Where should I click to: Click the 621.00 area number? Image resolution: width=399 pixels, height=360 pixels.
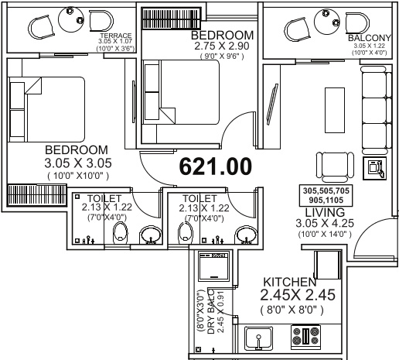coord(215,166)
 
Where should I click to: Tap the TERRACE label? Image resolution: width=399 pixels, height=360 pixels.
coord(116,36)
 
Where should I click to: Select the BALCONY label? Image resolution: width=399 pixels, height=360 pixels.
coord(370,38)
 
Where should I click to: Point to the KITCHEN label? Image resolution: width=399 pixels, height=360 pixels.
coord(290,282)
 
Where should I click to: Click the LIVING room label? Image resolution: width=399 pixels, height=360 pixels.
coord(325,212)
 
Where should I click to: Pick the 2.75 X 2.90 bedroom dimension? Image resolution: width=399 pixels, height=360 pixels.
coord(222,46)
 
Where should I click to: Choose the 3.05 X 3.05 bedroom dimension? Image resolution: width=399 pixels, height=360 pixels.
coord(78,163)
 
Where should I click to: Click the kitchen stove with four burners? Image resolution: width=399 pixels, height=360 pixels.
coord(305,336)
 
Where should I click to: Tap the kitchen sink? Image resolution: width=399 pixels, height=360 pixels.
coord(258,338)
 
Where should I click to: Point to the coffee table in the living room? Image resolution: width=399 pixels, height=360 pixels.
coord(335,110)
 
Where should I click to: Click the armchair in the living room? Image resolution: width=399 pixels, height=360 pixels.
coord(335,167)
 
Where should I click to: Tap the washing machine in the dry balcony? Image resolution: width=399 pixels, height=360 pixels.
coord(214,266)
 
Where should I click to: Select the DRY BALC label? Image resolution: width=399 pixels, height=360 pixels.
coord(211,312)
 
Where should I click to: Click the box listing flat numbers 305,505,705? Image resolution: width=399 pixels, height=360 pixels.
coord(326,195)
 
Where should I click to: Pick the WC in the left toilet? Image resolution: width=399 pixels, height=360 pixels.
coord(121,232)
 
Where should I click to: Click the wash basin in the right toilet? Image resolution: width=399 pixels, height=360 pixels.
coord(247,235)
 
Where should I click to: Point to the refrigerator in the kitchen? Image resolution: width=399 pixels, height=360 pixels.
coord(328,265)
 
